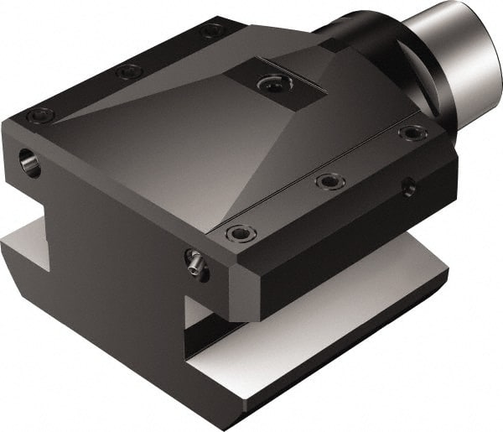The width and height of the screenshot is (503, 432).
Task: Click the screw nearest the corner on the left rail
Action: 39,116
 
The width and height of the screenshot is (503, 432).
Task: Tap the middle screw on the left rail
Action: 128,72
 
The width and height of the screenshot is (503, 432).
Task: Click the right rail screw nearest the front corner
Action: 240,232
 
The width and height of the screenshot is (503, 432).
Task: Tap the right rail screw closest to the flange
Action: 412,133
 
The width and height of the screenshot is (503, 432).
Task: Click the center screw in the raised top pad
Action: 270,84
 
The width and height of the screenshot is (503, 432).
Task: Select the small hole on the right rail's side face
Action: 408,187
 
